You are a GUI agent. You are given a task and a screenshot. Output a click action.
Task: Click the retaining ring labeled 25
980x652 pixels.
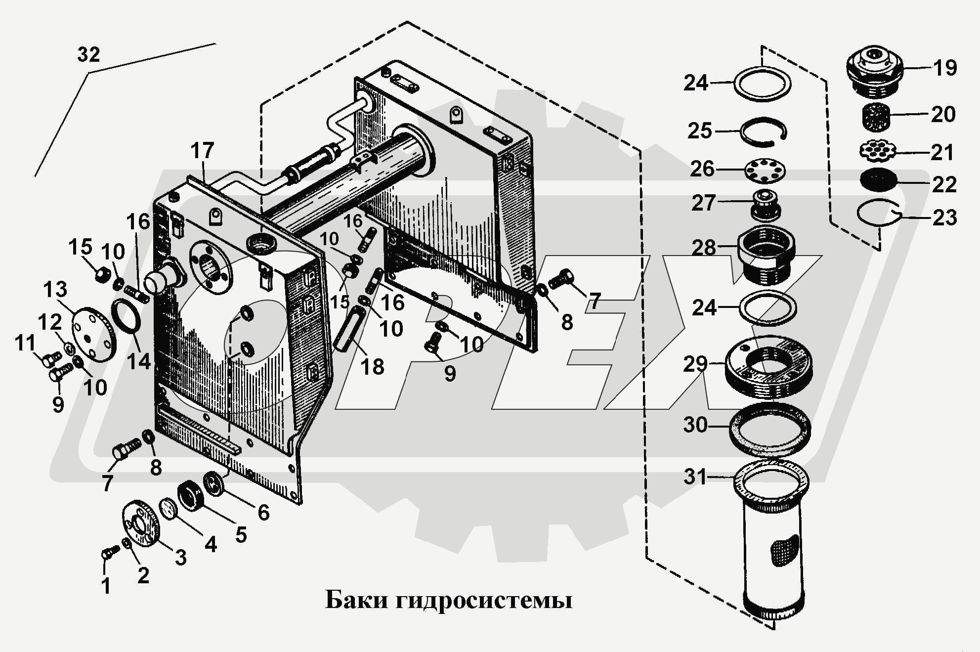(x=763, y=132)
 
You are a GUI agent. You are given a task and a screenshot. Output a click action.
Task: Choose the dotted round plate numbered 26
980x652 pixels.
(x=765, y=171)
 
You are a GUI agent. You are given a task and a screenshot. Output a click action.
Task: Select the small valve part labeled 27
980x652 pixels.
(x=766, y=205)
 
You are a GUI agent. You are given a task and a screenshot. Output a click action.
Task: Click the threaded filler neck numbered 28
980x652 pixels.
(x=766, y=255)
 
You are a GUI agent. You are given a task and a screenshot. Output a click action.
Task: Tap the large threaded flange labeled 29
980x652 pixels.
(x=769, y=367)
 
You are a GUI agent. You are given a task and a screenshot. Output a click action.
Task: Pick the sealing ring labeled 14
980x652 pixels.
(x=128, y=317)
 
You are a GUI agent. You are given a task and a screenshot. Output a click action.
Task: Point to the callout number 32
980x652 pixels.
(x=89, y=54)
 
